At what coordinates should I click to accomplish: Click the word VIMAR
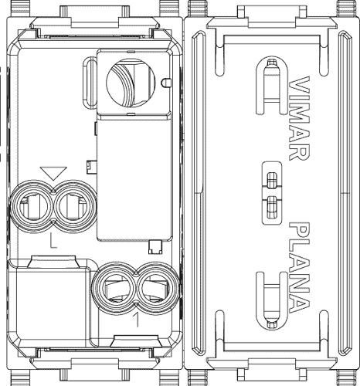click(x=299, y=118)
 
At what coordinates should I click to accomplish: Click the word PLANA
click(x=299, y=268)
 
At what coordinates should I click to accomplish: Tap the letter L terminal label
click(x=53, y=241)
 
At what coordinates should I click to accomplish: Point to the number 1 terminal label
click(x=138, y=320)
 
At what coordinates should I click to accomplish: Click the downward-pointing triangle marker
click(x=53, y=173)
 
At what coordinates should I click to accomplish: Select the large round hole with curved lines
click(x=131, y=83)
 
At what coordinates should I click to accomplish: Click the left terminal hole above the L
click(x=32, y=206)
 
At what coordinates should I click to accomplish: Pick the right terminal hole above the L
click(x=75, y=206)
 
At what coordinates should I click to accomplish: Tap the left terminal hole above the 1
click(x=114, y=288)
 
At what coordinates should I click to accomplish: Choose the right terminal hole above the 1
click(x=158, y=288)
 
